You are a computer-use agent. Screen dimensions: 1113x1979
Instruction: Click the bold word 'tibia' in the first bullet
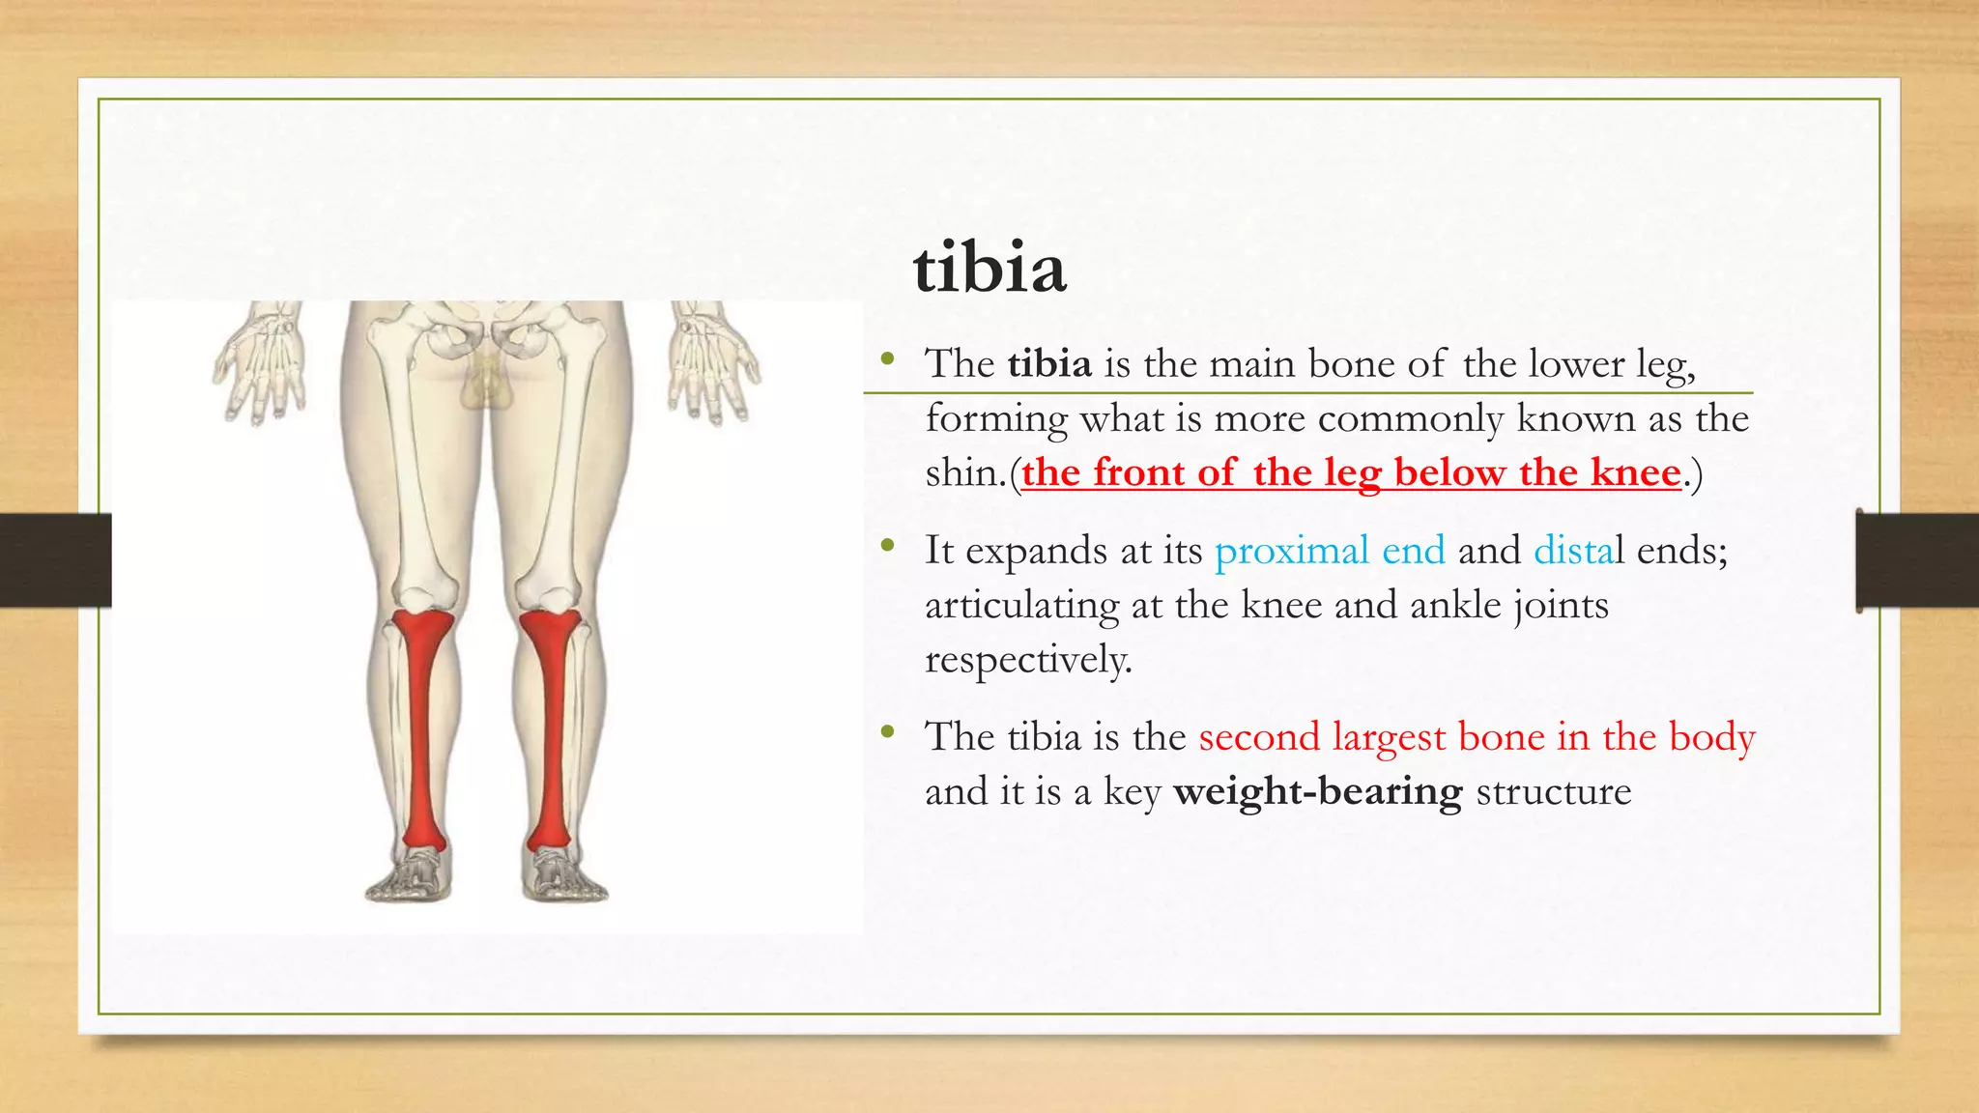[1049, 364]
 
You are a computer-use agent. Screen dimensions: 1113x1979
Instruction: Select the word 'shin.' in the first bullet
[965, 473]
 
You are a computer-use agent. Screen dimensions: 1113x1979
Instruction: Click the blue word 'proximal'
[1291, 551]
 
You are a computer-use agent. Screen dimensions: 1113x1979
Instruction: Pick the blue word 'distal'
[1573, 551]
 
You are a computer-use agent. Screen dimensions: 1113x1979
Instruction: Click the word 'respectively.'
[1027, 661]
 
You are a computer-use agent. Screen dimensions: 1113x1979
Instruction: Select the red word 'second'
[1258, 737]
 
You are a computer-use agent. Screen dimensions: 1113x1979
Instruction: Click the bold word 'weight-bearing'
[1317, 792]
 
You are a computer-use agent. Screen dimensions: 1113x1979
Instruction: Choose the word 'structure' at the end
[1553, 792]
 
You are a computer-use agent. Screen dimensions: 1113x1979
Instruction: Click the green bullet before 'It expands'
[887, 547]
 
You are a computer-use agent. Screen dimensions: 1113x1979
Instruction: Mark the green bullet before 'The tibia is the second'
[887, 733]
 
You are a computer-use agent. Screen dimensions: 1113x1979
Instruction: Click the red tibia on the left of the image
[422, 725]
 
